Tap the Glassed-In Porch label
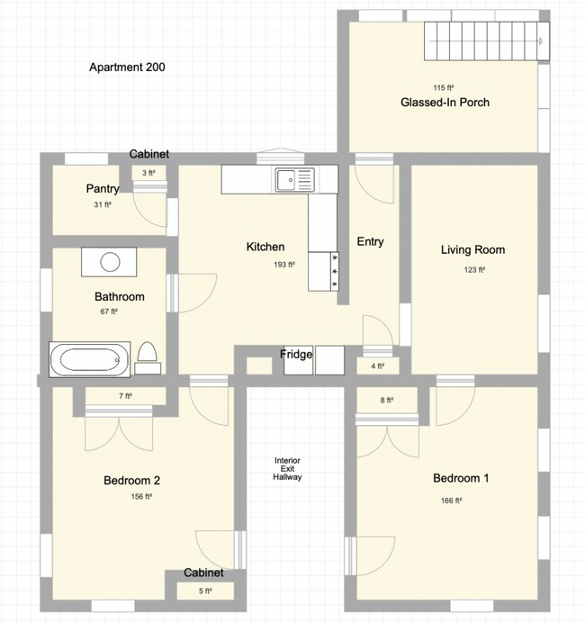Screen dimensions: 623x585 [445, 103]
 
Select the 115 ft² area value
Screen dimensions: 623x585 [441, 87]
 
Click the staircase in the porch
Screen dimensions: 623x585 [486, 41]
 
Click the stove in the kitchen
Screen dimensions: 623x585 [324, 271]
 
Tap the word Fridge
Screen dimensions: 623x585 [296, 355]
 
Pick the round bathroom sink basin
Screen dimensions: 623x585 [110, 262]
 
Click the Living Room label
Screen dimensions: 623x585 [472, 250]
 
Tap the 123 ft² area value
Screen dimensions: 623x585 [475, 269]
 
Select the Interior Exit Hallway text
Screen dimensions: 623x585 [287, 469]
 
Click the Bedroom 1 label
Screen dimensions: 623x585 [461, 478]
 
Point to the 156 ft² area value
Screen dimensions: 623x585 [140, 496]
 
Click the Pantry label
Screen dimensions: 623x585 [103, 189]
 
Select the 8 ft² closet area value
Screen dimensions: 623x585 [386, 400]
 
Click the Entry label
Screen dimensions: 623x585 [370, 241]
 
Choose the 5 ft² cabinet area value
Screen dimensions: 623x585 [204, 591]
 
